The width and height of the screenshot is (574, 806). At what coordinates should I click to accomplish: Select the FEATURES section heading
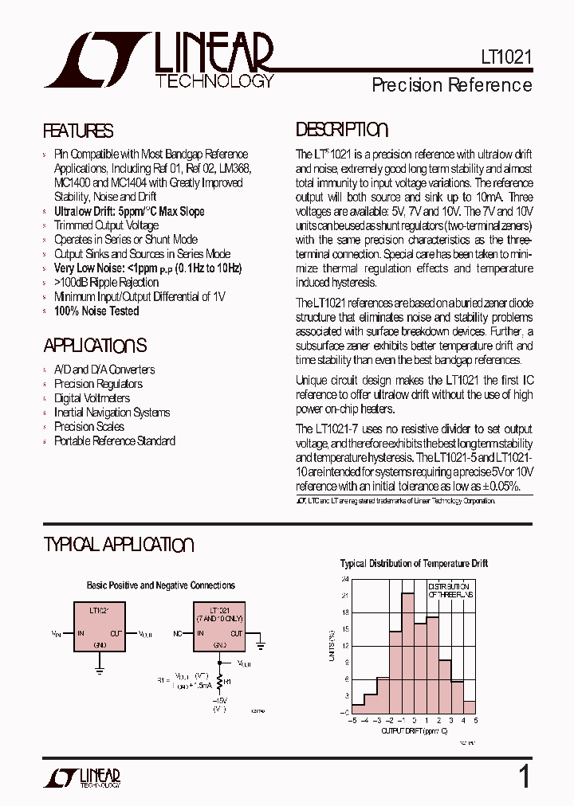pos(78,131)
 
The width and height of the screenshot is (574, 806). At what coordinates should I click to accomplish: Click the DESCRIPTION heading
pos(342,130)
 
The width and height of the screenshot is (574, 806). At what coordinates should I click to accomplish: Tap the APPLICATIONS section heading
pos(95,346)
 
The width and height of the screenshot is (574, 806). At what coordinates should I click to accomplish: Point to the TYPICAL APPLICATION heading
pos(119,546)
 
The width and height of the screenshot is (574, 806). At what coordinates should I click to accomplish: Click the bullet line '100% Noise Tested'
pos(96,311)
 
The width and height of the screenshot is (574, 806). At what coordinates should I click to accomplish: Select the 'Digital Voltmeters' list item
pos(92,398)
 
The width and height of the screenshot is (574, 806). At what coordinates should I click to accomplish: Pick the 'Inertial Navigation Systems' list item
pos(112,413)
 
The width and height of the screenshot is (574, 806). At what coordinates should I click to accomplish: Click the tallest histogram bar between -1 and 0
pos(407,653)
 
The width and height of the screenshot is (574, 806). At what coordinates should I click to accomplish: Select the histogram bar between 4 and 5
pos(470,706)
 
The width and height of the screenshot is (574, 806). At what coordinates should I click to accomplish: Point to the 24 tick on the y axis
pos(344,579)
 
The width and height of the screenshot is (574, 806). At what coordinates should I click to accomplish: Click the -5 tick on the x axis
pos(352,720)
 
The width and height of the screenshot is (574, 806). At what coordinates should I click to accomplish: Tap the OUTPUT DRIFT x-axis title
pos(414,730)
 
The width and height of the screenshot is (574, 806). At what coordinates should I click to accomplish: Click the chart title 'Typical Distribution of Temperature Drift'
pos(414,564)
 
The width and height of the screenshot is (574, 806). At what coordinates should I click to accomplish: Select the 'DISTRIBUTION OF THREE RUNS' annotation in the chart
pos(450,590)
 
